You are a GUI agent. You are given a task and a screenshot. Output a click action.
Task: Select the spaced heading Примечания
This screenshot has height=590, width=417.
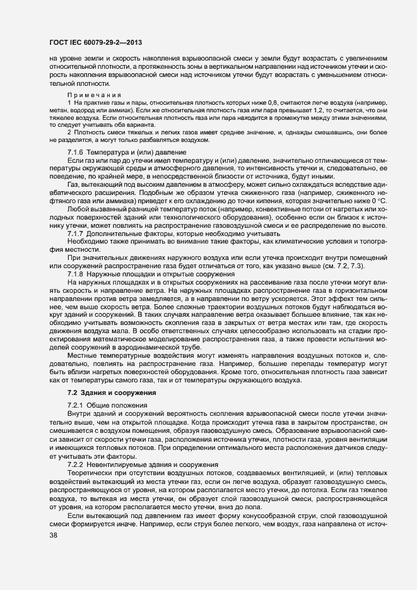point(91,94)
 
